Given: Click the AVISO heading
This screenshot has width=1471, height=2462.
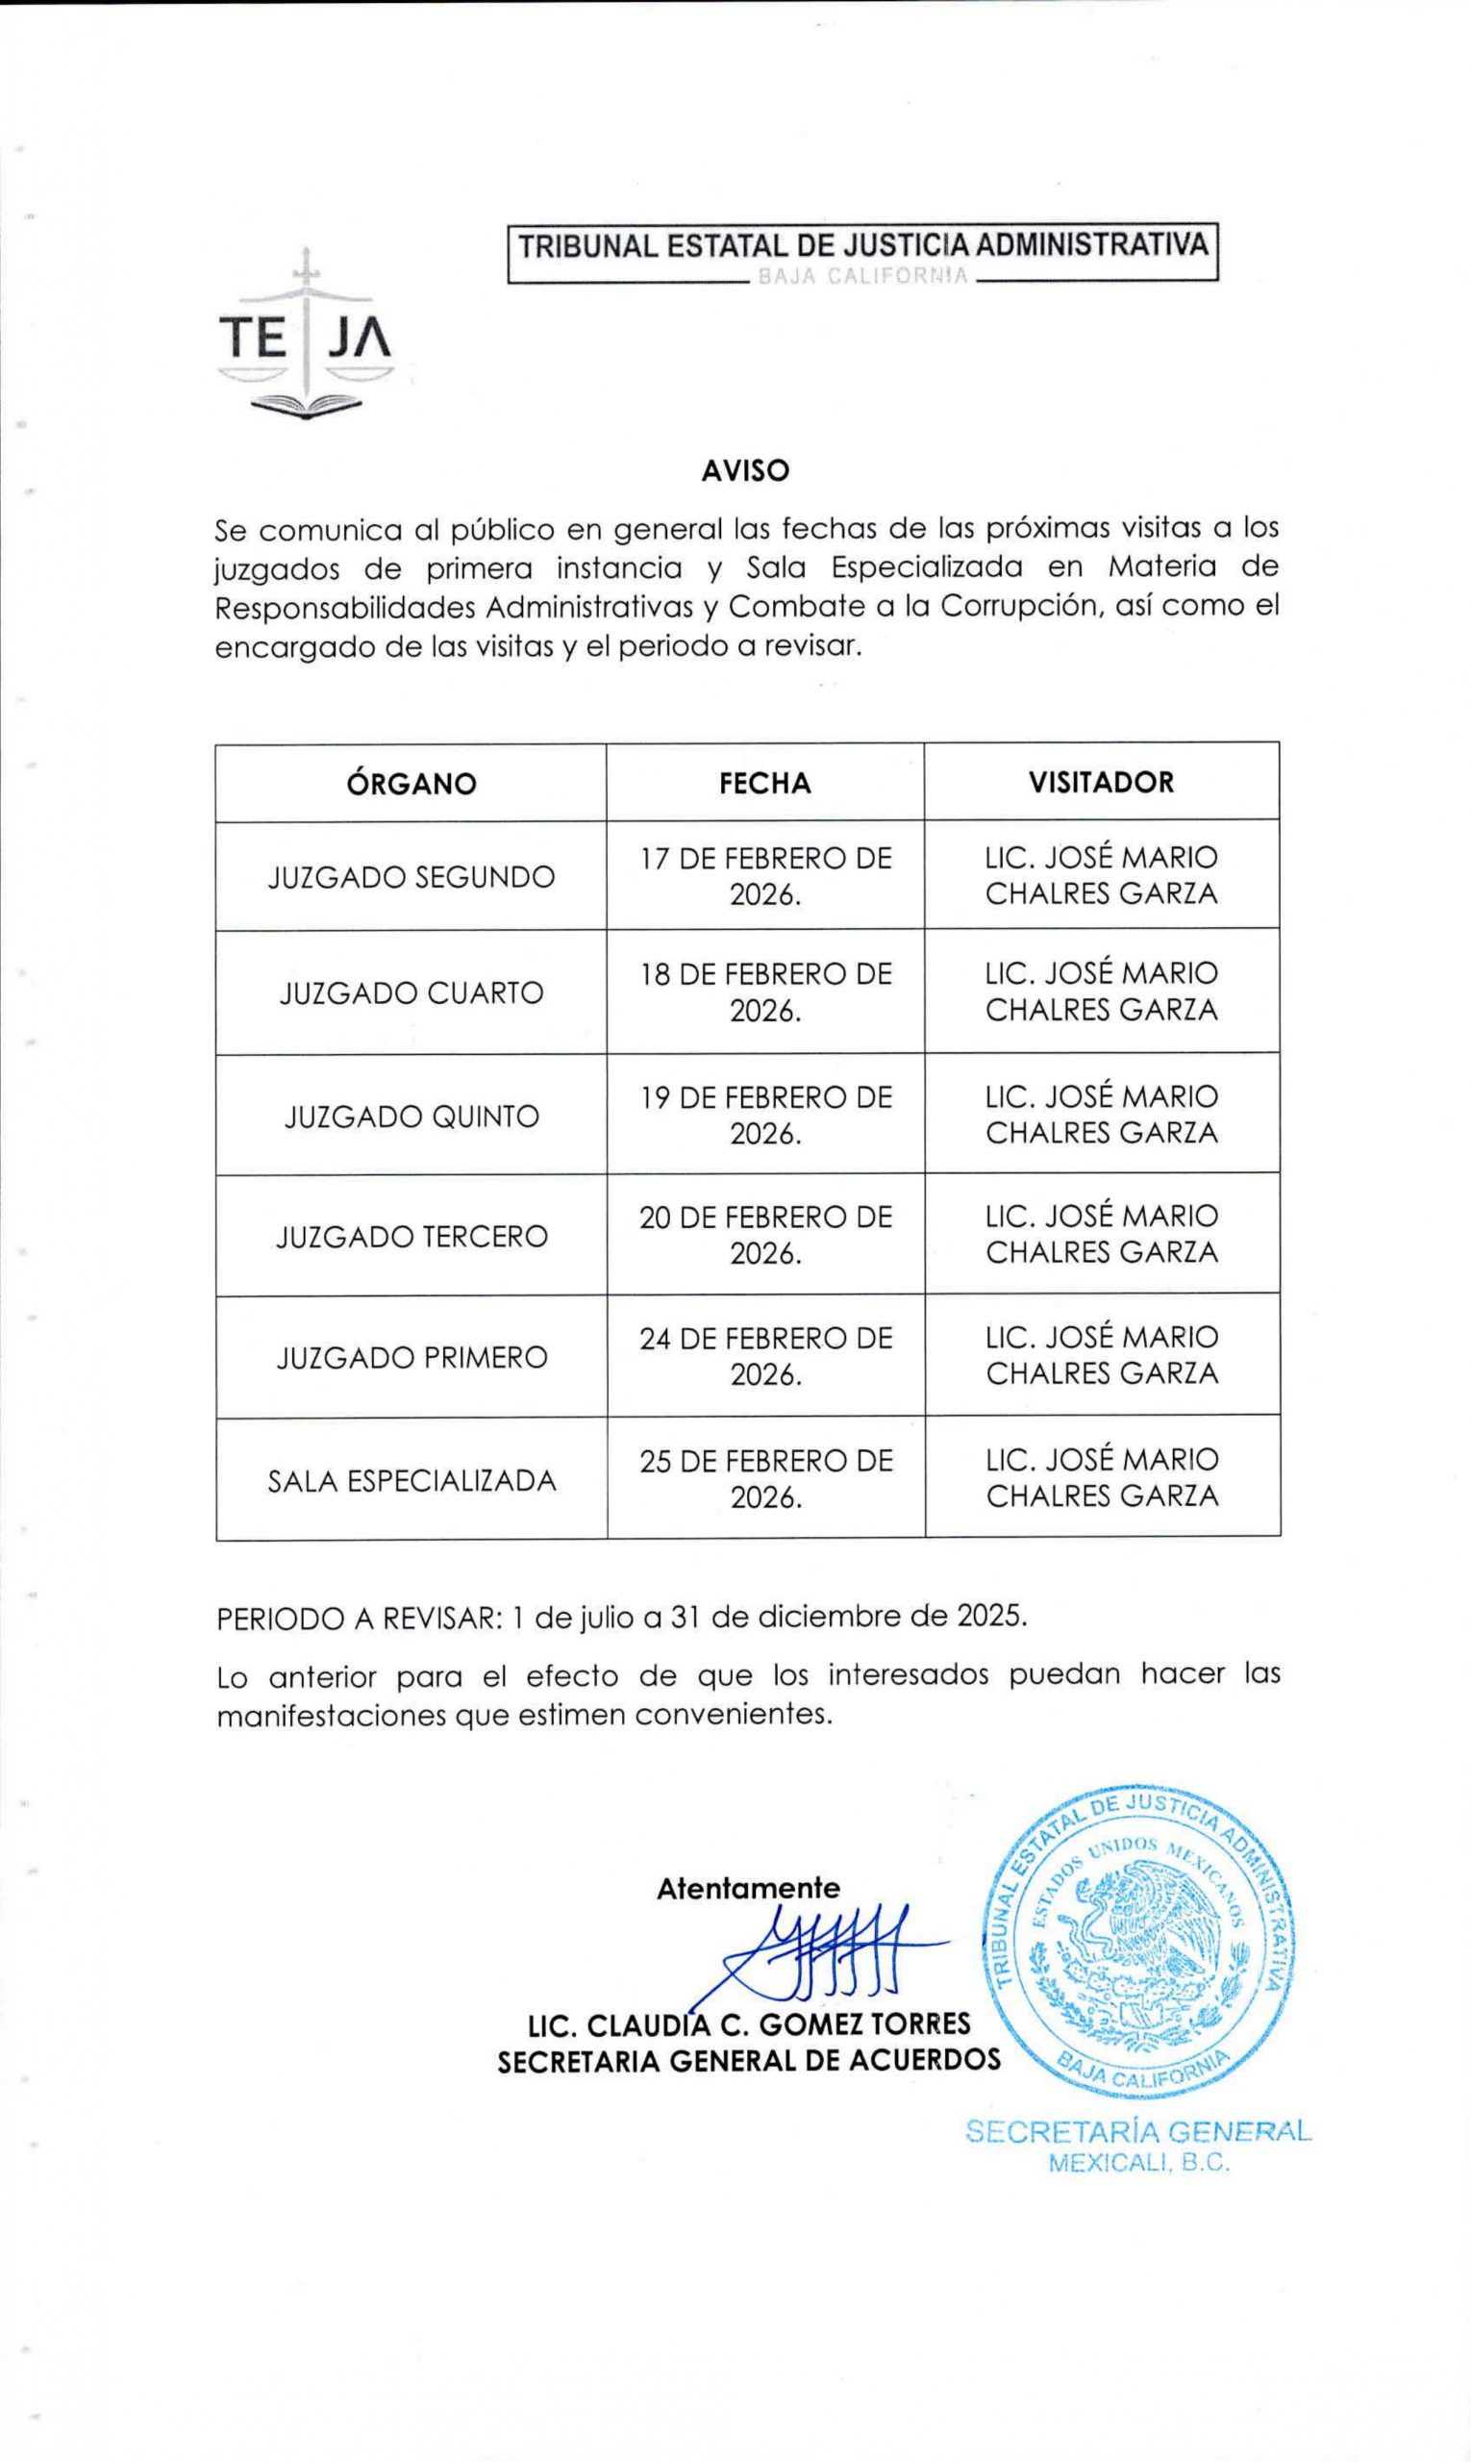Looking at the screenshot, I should click(745, 471).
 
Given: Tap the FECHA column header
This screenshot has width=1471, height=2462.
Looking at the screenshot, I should click(765, 783).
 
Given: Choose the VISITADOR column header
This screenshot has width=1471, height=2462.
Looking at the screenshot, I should click(1101, 782).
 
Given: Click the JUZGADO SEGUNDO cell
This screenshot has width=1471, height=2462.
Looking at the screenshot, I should click(411, 877).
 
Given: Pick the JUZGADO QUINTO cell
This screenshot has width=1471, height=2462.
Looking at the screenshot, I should click(411, 1117).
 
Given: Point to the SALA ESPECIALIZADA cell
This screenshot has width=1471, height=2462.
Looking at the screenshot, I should click(411, 1480).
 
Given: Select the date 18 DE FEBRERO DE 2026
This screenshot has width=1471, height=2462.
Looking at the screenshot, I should click(765, 992).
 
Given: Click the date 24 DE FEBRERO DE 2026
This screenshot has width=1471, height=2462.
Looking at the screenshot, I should click(765, 1355).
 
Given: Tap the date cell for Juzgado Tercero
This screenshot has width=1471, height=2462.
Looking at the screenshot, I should click(765, 1235).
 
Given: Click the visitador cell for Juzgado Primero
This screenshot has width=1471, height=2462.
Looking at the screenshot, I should click(1101, 1354).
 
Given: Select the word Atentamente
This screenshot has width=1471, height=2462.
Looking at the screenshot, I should click(748, 1888).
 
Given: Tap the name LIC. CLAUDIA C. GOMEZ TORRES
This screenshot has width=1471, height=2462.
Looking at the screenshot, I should click(749, 2022).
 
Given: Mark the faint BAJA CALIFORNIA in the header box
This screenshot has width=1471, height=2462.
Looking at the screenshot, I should click(862, 277).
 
